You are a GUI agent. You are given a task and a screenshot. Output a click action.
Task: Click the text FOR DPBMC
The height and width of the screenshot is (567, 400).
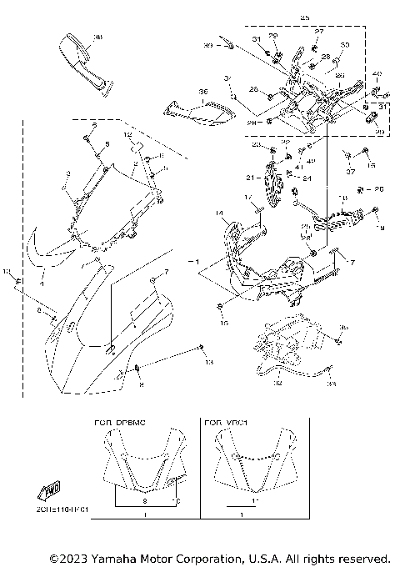click(x=119, y=424)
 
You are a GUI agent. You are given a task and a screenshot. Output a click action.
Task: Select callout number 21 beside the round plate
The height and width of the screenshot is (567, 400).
click(x=248, y=177)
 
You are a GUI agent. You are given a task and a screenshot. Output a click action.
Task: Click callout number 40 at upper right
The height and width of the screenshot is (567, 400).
click(x=376, y=74)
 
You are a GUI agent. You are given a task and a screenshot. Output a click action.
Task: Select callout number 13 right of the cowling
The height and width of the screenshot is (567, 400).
click(x=209, y=362)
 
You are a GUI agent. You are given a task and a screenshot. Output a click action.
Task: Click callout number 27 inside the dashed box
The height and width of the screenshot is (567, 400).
click(x=317, y=31)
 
